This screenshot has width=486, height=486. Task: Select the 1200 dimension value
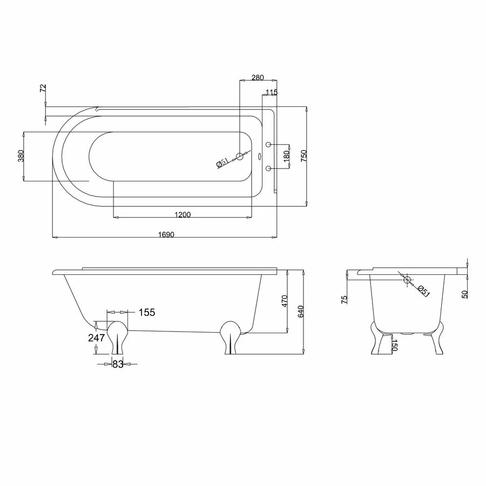tap(183, 215)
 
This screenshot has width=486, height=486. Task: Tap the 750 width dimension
tap(303, 156)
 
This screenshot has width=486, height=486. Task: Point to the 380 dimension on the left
tap(21, 156)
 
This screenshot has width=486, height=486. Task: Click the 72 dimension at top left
tap(44, 89)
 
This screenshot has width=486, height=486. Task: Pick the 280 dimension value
tap(258, 78)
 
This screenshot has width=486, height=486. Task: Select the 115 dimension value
tap(271, 92)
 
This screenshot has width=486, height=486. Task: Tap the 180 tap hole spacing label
tap(287, 156)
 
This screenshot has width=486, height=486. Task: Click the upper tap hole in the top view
tap(268, 145)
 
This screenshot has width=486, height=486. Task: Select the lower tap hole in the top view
tap(268, 168)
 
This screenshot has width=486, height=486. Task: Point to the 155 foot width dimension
tap(146, 312)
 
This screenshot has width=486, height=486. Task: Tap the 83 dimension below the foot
tap(118, 364)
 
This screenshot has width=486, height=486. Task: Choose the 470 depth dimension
tap(285, 301)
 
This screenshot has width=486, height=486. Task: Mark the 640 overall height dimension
tap(301, 312)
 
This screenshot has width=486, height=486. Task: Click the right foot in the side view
tap(231, 336)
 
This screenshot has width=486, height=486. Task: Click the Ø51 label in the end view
tap(424, 291)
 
